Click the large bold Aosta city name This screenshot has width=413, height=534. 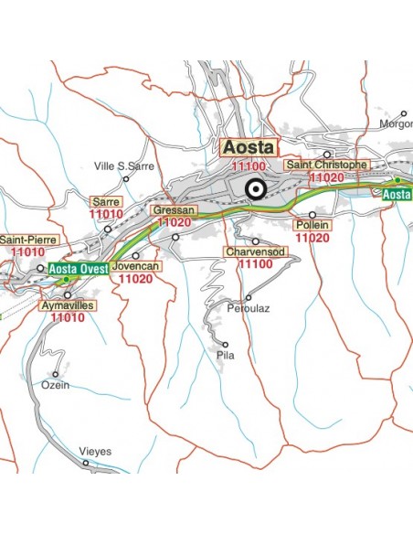(249, 147)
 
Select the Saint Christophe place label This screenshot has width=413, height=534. (326, 165)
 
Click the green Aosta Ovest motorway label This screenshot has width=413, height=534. (79, 268)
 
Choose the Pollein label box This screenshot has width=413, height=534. (312, 225)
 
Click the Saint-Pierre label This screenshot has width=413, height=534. (28, 240)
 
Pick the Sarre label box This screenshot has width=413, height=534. (105, 201)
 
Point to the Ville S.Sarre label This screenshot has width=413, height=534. (123, 166)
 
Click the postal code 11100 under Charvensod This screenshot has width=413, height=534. (255, 263)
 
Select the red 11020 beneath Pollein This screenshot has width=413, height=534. (312, 238)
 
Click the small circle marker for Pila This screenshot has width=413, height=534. (224, 345)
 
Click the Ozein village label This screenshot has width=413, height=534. (56, 385)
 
